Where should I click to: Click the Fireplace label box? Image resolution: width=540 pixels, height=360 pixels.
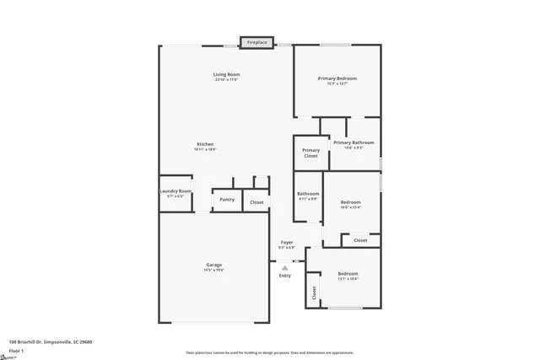click(257, 42)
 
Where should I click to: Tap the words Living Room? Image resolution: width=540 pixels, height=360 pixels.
click(225, 75)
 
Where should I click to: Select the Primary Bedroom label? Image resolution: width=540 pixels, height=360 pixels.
click(337, 78)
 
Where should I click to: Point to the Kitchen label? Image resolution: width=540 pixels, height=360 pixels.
click(206, 143)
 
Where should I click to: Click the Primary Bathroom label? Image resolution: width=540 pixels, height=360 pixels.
click(354, 142)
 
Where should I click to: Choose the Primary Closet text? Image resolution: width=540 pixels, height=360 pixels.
click(310, 153)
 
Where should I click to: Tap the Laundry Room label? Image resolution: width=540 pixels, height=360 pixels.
click(175, 191)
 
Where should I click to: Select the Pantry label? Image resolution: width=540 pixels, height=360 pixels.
click(227, 200)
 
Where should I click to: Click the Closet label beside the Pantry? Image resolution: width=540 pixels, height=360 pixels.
click(256, 202)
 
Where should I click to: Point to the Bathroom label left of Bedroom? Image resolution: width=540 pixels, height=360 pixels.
click(308, 194)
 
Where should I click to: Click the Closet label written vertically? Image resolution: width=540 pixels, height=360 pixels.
click(314, 293)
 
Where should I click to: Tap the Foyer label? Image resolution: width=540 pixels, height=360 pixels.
click(287, 243)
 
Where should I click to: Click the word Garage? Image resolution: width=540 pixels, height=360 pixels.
click(214, 265)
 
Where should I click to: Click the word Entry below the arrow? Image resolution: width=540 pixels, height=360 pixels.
click(284, 276)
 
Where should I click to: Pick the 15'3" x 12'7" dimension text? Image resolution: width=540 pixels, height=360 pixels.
click(337, 83)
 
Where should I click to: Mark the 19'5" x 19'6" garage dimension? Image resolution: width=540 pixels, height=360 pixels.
click(214, 270)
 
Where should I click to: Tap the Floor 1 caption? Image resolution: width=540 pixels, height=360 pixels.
click(16, 350)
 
